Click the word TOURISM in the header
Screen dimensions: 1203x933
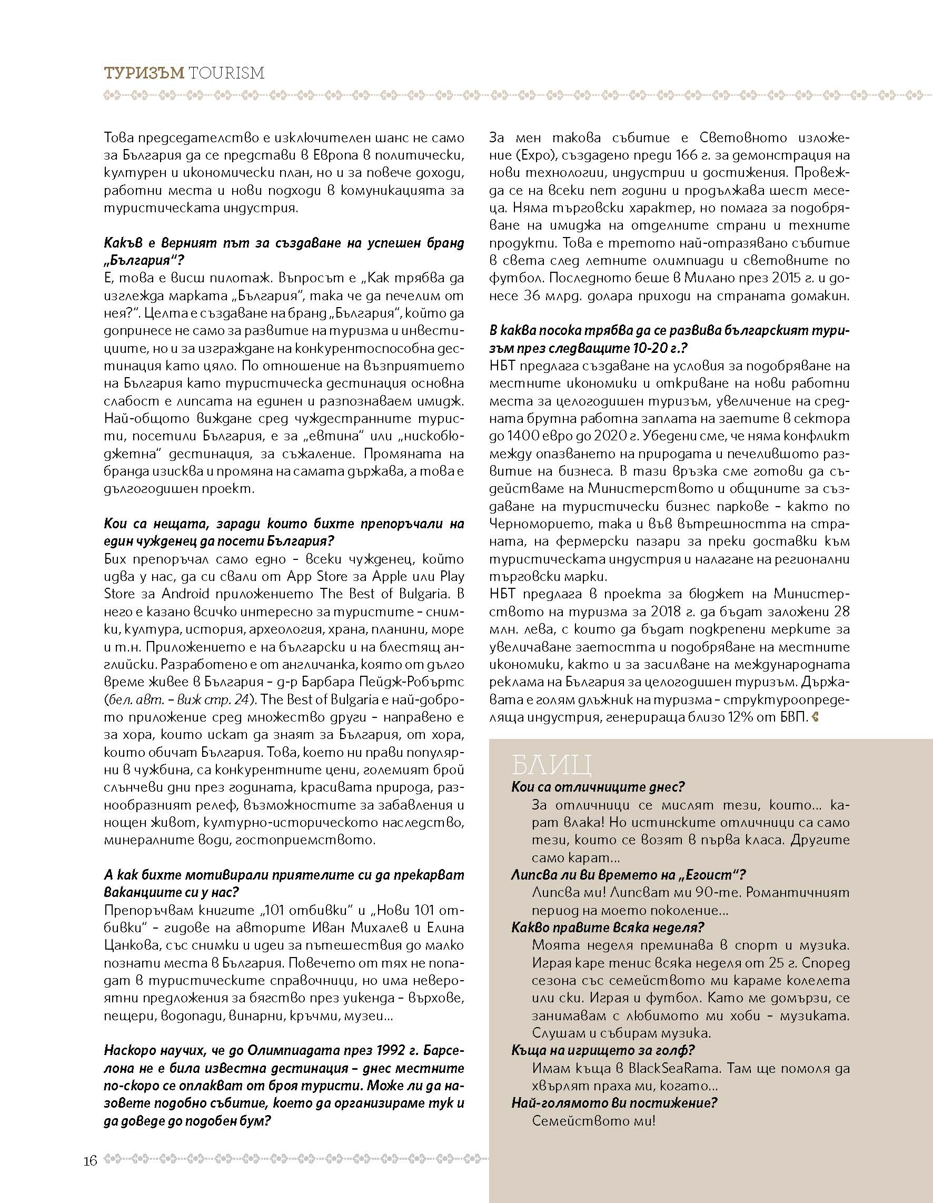click(226, 73)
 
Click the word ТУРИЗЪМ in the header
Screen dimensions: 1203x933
click(144, 73)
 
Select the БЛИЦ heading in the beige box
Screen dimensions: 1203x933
click(551, 765)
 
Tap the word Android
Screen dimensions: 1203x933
click(186, 594)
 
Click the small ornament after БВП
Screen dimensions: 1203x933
click(816, 717)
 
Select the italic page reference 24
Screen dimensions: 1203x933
click(241, 699)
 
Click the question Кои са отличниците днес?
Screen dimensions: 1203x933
click(598, 786)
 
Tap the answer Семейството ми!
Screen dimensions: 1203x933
click(594, 1120)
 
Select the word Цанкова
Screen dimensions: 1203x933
click(131, 945)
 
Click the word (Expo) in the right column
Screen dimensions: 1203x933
click(509, 155)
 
